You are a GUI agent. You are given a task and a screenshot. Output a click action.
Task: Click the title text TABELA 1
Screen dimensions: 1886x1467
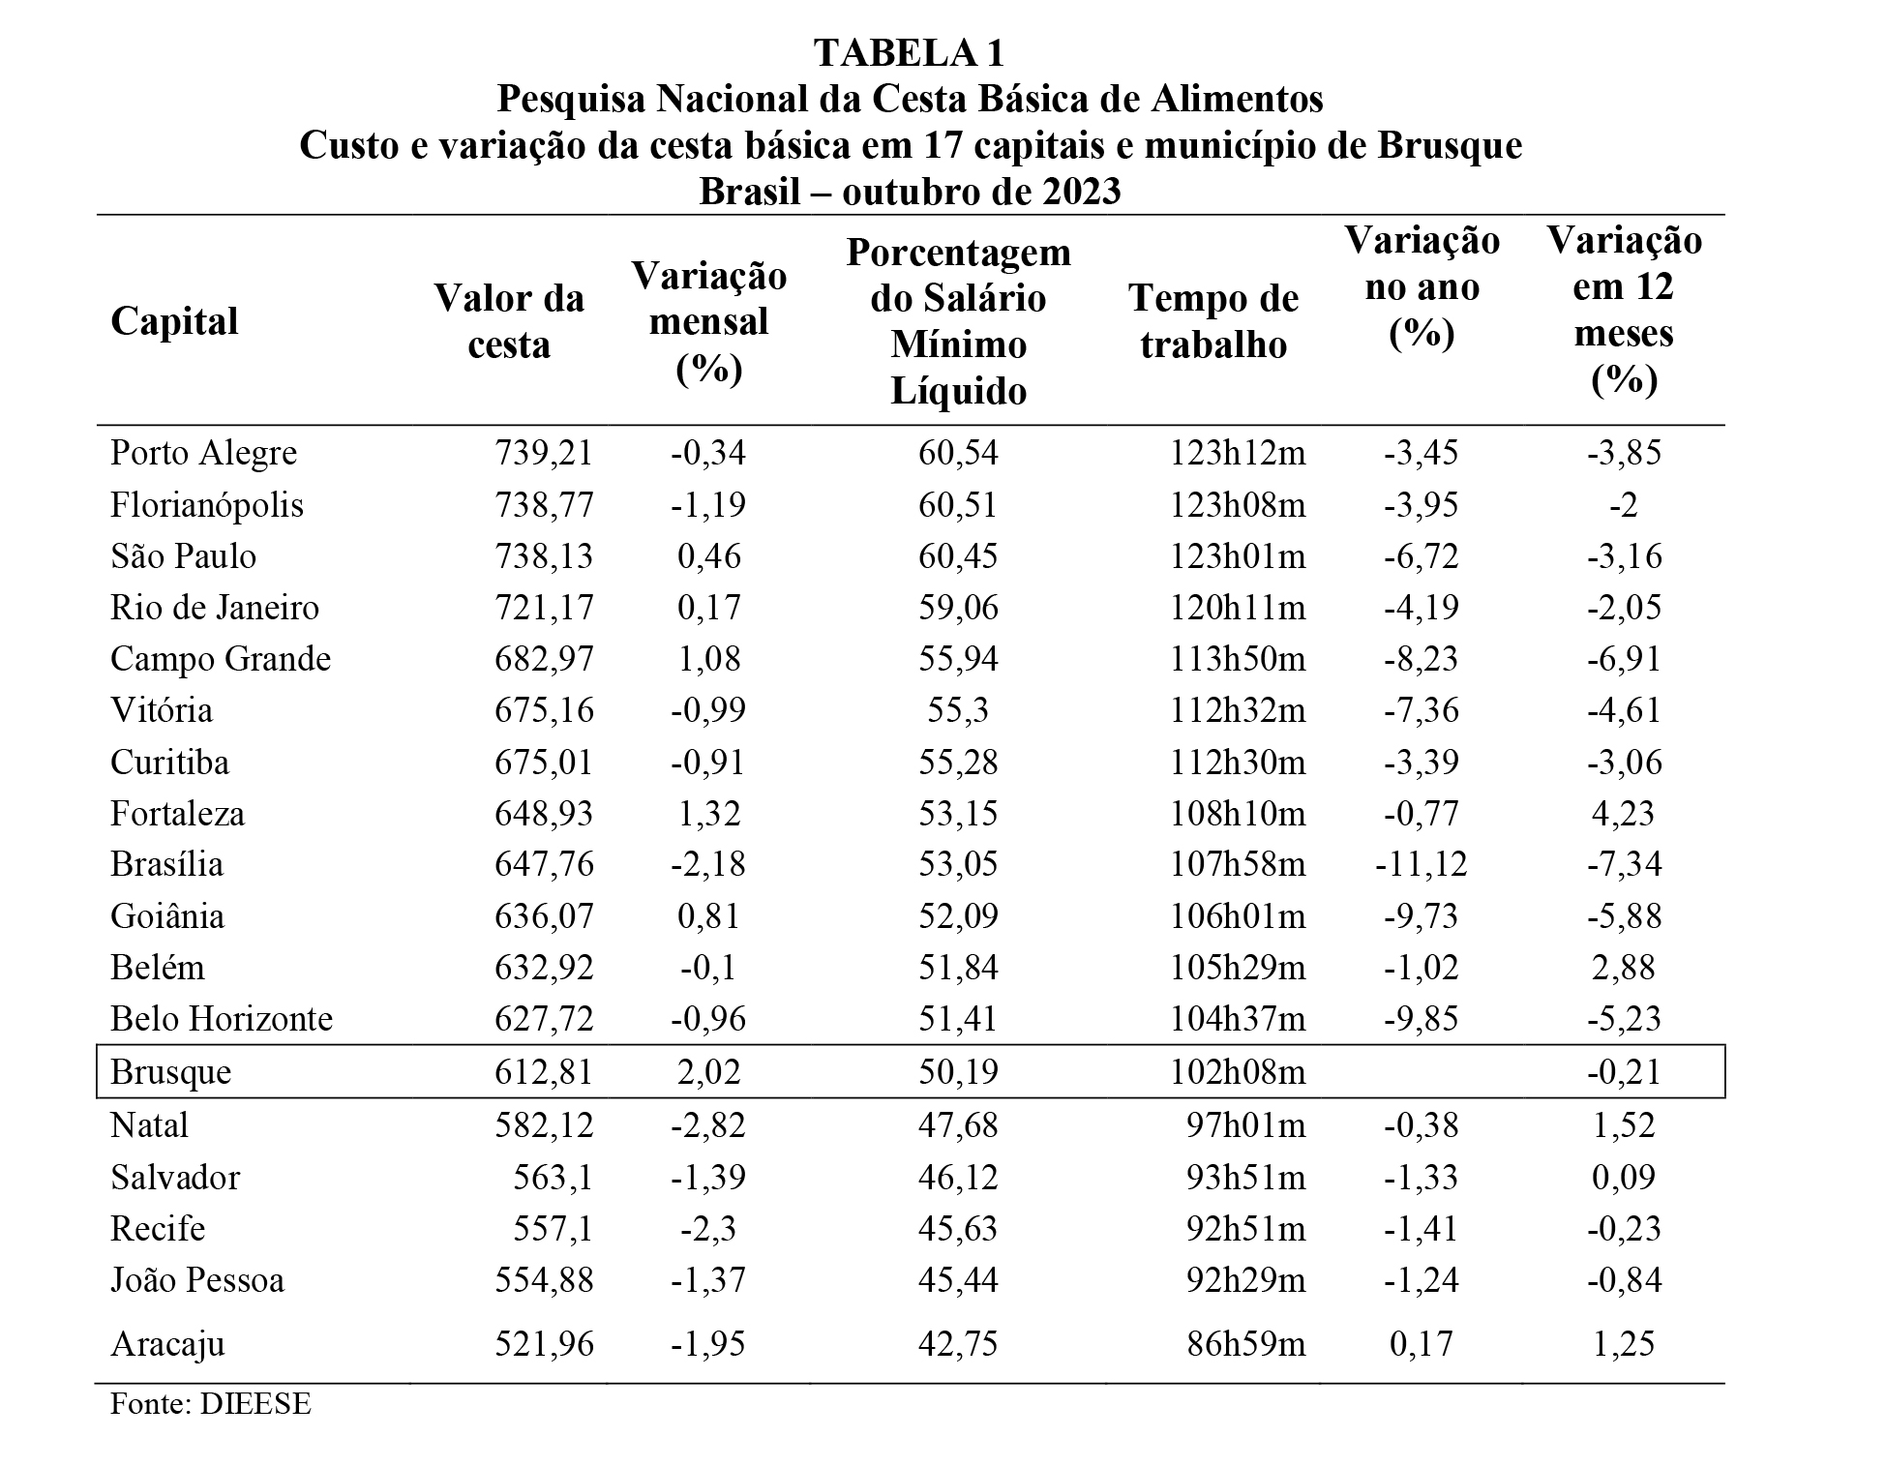click(x=910, y=53)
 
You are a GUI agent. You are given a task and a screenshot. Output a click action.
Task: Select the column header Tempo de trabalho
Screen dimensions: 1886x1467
click(x=1213, y=321)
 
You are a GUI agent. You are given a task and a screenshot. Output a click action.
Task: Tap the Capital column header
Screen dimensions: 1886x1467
click(x=174, y=321)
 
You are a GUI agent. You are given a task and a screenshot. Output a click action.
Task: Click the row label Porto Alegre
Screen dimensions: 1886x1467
click(x=203, y=453)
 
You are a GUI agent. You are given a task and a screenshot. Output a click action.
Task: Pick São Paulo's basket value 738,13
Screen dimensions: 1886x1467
click(x=544, y=556)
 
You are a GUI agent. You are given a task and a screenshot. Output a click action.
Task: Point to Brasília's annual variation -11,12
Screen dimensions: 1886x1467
click(x=1422, y=863)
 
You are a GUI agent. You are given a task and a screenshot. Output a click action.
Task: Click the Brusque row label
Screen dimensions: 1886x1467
click(x=170, y=1072)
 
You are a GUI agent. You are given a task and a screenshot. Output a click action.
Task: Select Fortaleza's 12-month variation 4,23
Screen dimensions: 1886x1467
click(x=1624, y=813)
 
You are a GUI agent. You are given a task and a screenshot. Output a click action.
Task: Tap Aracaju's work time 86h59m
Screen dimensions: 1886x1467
click(x=1246, y=1344)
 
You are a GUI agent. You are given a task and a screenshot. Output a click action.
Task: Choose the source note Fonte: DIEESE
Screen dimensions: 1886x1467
click(x=211, y=1404)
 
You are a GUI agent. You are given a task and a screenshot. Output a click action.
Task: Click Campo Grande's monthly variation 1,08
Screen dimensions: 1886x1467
click(x=708, y=659)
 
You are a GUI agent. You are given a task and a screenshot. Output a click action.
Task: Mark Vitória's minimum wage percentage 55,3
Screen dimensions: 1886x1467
click(x=958, y=710)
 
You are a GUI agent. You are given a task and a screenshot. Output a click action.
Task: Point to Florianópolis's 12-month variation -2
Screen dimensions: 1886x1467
click(x=1624, y=505)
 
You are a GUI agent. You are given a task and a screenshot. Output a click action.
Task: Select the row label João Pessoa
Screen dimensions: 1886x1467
click(x=197, y=1280)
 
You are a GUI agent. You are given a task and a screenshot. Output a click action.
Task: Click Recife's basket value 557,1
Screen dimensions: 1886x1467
click(x=554, y=1229)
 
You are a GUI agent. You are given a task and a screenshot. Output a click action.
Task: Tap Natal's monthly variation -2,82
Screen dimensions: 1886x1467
click(x=708, y=1125)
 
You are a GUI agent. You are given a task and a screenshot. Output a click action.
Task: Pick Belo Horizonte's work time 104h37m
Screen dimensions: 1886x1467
click(x=1238, y=1019)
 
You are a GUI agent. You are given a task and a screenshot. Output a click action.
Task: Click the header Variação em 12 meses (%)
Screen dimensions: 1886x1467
click(x=1625, y=310)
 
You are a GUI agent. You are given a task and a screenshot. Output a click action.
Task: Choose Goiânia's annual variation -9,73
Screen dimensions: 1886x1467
click(x=1422, y=916)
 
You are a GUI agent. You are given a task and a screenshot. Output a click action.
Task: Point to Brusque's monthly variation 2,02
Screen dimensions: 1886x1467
click(x=708, y=1072)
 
